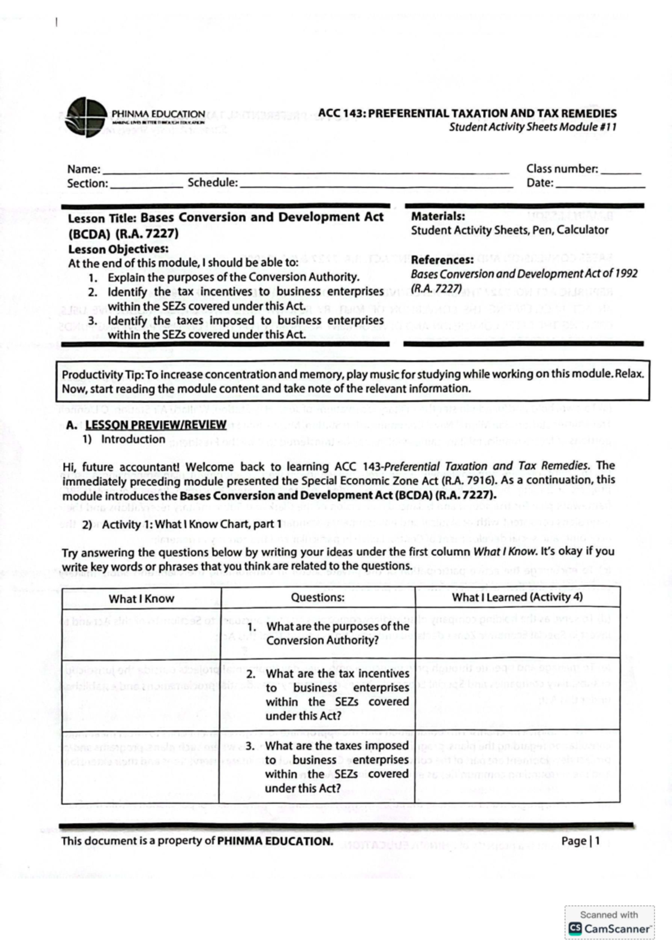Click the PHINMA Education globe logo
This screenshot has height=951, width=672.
pos(84,117)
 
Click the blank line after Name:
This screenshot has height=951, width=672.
pos(305,171)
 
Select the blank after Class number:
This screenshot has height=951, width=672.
pos(620,171)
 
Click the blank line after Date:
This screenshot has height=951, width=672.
pos(599,185)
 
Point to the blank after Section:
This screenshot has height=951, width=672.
pos(146,186)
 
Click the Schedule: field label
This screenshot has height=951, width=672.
pos(212,183)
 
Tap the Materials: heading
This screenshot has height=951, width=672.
pos(438,216)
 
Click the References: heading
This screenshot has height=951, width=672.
pos(442,260)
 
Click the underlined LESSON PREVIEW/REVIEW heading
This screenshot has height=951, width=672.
pos(156,425)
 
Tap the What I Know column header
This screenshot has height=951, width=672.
pos(141,599)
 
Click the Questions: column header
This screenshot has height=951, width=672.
pos(318,598)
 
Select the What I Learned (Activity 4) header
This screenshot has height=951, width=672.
pos(517,597)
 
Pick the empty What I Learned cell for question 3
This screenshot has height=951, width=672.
pos(517,766)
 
